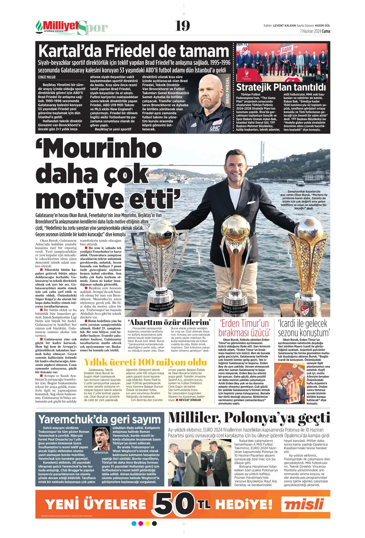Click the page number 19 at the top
tap(182, 26)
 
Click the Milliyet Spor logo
tap(71, 27)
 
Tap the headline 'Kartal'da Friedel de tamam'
tap(133, 51)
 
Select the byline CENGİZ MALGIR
tap(47, 77)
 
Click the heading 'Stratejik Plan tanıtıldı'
tap(281, 87)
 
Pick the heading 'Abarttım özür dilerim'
tap(169, 323)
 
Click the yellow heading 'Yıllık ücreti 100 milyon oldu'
tap(145, 362)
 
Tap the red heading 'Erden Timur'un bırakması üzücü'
tap(244, 328)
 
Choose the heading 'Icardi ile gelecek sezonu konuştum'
tap(303, 328)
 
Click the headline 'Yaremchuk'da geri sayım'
tap(100, 419)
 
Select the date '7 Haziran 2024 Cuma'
tap(315, 31)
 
